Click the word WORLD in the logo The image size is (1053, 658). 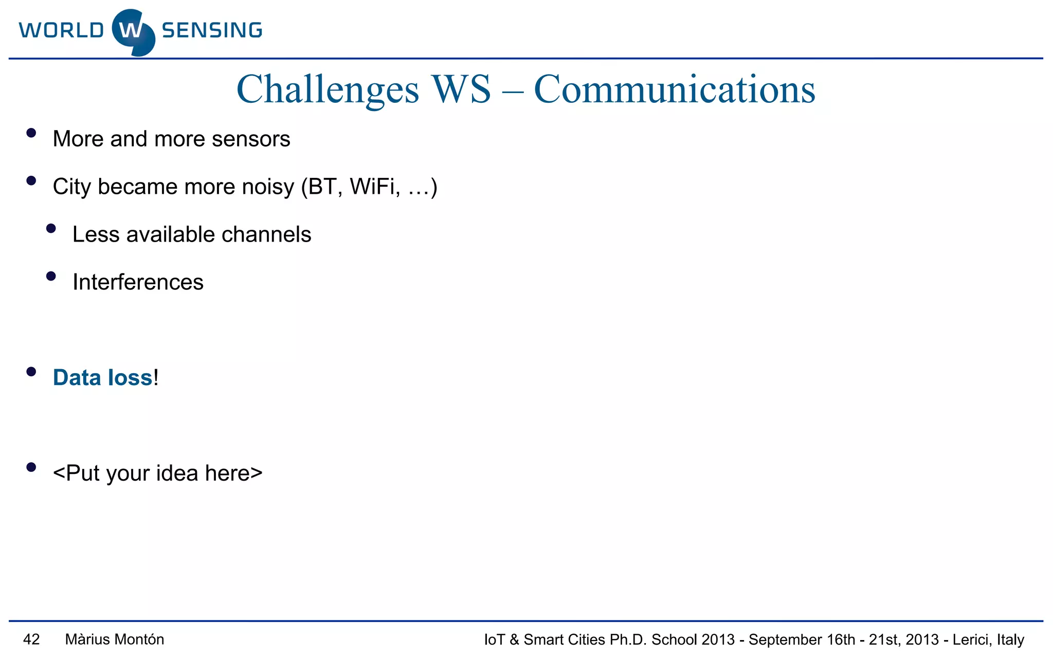pos(61,30)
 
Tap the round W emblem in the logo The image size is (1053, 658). pos(133,32)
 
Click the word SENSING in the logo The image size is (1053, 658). pos(212,30)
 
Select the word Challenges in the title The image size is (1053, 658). pos(328,89)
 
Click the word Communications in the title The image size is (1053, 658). pos(674,89)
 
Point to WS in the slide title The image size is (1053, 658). pos(461,89)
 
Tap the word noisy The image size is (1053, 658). pos(268,187)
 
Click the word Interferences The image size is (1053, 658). pos(138,282)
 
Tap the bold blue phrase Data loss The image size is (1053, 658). pos(103,378)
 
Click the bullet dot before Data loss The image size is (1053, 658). pos(31,372)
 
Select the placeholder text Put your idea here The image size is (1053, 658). pos(157,473)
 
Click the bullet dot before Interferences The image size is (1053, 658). pos(51,276)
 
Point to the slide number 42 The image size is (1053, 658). pos(31,639)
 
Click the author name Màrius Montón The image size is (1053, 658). pos(115,639)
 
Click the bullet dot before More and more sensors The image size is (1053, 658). pos(31,133)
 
